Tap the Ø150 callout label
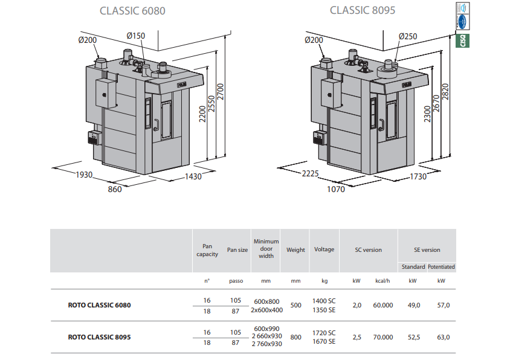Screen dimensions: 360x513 tap(136, 36)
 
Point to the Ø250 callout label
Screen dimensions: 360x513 tap(408, 36)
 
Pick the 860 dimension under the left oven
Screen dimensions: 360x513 tap(115, 189)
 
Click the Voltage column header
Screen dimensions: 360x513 tap(324, 249)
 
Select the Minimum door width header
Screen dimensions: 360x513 tap(266, 248)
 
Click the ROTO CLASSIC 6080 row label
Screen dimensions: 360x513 tap(100, 305)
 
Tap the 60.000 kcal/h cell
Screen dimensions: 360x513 tap(383, 305)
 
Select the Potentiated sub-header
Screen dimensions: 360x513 tap(441, 266)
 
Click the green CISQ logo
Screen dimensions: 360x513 tap(463, 41)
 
